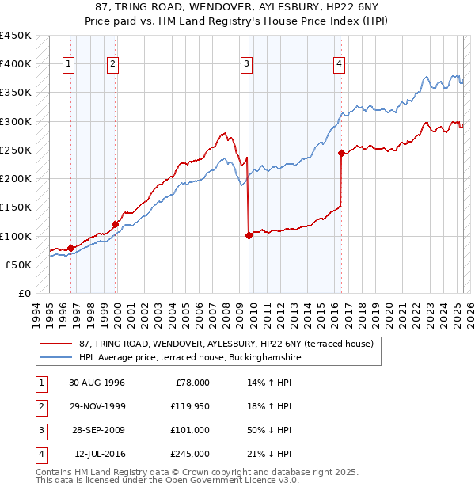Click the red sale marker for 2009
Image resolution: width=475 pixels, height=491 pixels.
[x=249, y=235]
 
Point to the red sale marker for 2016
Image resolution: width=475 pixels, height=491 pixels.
[x=341, y=153]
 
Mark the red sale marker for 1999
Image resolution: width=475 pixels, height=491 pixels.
[x=116, y=224]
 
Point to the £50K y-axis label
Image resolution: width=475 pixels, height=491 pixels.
[x=18, y=265]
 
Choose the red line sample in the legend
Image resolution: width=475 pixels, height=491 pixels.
[x=56, y=343]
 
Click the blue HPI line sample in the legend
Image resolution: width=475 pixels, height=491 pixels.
[x=56, y=357]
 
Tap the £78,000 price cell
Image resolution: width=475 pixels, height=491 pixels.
[x=192, y=383]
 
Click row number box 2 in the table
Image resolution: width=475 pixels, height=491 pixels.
[x=40, y=407]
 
